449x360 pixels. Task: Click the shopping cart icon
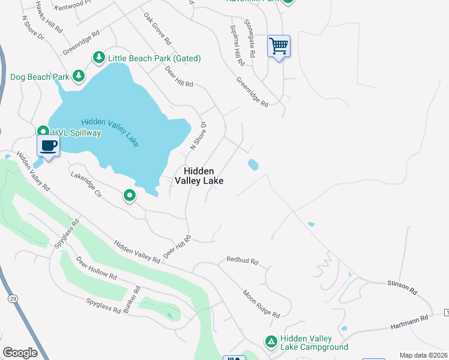pyautogui.click(x=279, y=46)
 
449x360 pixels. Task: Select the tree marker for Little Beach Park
pyautogui.click(x=98, y=58)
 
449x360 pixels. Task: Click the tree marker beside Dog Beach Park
pyautogui.click(x=78, y=76)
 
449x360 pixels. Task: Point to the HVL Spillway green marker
pyautogui.click(x=43, y=131)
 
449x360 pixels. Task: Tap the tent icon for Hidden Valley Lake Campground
pyautogui.click(x=271, y=341)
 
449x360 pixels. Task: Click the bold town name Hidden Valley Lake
pyautogui.click(x=199, y=175)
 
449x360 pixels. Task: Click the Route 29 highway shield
pyautogui.click(x=12, y=298)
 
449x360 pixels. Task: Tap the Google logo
pyautogui.click(x=20, y=353)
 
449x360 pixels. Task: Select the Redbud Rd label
pyautogui.click(x=242, y=261)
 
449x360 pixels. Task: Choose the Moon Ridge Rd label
pyautogui.click(x=261, y=304)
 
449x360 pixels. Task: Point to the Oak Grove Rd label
pyautogui.click(x=157, y=30)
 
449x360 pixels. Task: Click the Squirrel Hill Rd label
pyautogui.click(x=237, y=45)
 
